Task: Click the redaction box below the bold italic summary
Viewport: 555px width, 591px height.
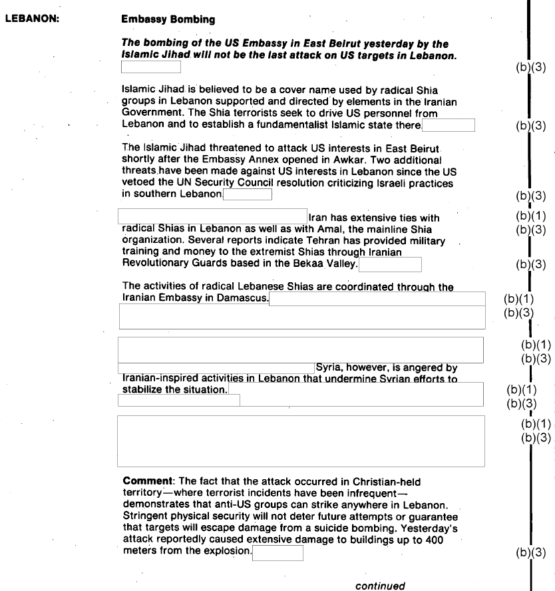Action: click(x=150, y=67)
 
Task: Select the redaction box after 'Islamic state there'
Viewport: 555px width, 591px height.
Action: click(x=448, y=125)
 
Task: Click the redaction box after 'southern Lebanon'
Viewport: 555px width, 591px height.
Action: click(x=248, y=194)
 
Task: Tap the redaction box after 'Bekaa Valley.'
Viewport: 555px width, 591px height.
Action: click(x=390, y=264)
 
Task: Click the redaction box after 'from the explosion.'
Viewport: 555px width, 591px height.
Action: click(x=277, y=552)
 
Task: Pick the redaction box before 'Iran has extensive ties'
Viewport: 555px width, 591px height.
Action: click(x=212, y=216)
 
